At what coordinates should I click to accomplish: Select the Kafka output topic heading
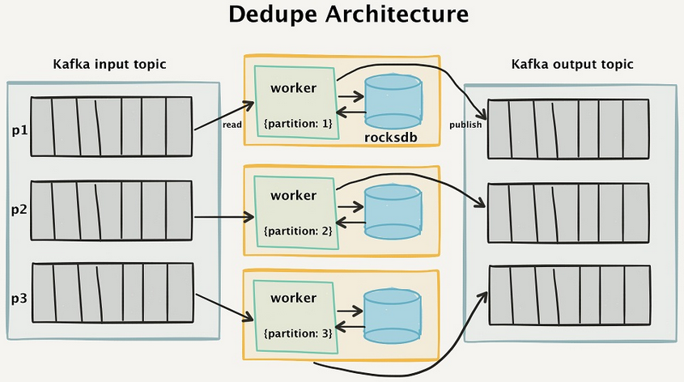point(572,64)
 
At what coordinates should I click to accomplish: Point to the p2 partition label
point(18,210)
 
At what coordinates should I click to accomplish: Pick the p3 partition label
point(18,297)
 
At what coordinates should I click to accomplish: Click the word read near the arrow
point(233,125)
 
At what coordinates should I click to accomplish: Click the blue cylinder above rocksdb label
point(393,101)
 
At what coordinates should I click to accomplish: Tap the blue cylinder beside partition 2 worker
point(393,211)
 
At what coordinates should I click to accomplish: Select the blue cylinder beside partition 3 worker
point(393,316)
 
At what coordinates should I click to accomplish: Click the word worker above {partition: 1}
point(293,87)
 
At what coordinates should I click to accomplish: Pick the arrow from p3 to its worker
point(223,307)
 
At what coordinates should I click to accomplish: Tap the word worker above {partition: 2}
point(293,195)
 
